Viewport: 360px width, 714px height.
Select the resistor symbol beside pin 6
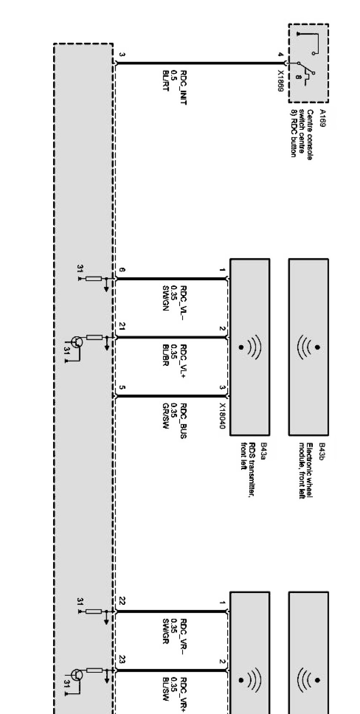[94, 279]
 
